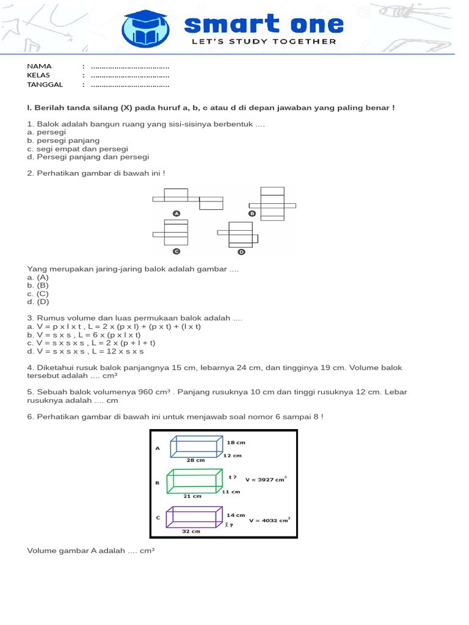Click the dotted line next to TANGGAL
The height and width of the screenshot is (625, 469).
click(x=129, y=85)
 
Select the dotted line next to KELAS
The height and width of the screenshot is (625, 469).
click(x=129, y=76)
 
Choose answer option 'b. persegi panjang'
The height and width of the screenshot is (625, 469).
click(x=64, y=140)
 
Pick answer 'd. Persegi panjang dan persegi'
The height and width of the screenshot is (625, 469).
click(x=84, y=157)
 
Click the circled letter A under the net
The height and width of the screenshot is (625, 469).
click(x=176, y=214)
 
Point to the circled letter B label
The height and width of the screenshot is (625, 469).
click(x=252, y=214)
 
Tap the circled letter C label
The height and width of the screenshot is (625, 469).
click(x=176, y=251)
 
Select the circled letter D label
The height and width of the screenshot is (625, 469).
click(x=241, y=251)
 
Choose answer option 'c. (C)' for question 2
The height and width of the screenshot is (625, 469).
click(x=38, y=294)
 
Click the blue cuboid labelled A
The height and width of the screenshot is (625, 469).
click(x=197, y=446)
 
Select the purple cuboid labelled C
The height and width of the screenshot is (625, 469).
click(x=195, y=516)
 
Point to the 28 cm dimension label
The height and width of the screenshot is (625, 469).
click(x=195, y=461)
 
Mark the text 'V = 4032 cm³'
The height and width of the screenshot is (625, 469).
click(x=269, y=521)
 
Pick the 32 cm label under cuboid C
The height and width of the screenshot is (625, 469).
click(x=191, y=532)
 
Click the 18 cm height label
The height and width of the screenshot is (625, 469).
click(x=236, y=441)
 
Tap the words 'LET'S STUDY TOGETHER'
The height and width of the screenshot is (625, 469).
click(x=264, y=42)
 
